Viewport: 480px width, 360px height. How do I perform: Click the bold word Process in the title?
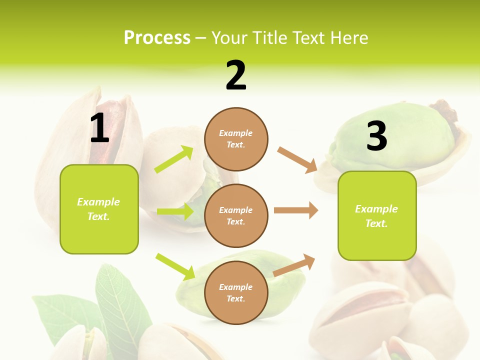157,37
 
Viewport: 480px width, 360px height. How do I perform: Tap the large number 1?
99,128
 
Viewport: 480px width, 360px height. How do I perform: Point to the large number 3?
376,136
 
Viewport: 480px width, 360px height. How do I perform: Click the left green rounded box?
99,209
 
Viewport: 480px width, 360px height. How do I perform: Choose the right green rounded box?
377,215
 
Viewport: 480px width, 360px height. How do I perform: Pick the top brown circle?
236,139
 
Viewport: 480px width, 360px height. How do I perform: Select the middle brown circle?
236,215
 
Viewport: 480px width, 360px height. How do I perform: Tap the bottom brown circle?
236,292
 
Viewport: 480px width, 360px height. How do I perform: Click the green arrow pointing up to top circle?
174,159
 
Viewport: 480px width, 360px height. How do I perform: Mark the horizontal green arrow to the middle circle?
175,211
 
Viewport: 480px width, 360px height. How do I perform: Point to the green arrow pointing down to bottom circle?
175,266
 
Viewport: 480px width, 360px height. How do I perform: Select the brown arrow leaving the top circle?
297,160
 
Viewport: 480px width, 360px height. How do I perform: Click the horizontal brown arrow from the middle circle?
296,210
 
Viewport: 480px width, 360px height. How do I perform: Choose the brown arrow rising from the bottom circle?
294,265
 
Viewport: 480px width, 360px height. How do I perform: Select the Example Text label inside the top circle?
236,139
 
